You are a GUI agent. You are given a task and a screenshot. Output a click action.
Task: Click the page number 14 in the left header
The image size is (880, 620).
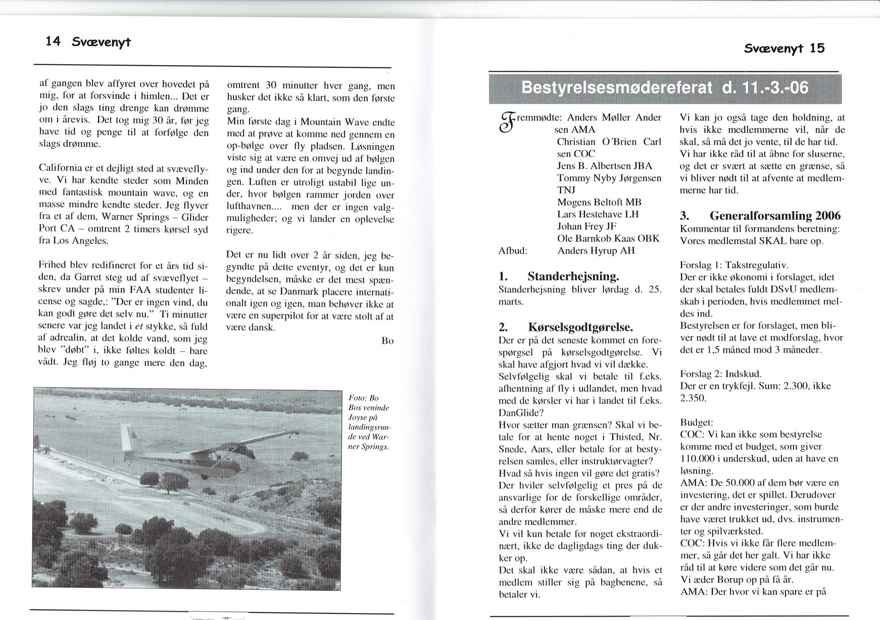53,41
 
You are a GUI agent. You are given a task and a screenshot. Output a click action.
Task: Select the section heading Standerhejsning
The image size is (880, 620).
573,277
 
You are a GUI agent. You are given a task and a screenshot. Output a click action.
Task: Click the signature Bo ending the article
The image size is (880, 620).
387,341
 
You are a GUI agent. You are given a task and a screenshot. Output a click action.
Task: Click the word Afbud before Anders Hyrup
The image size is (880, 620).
513,251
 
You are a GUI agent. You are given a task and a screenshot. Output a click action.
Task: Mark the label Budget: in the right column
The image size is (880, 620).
697,422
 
